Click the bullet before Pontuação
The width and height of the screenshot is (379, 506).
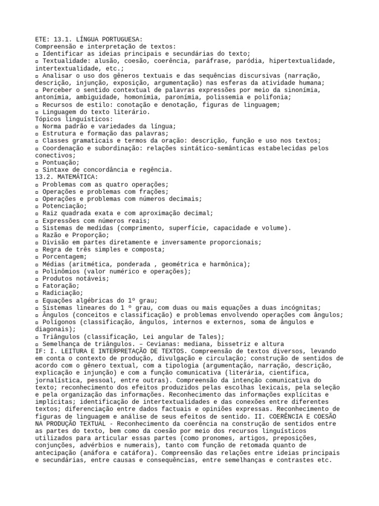pos(38,163)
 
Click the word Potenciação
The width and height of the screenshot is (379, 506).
pos(65,206)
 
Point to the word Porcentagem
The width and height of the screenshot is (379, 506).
pos(65,257)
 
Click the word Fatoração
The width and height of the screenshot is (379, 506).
pos(61,286)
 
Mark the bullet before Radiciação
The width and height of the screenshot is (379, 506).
pos(38,293)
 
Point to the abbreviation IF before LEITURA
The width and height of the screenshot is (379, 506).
pos(39,351)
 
